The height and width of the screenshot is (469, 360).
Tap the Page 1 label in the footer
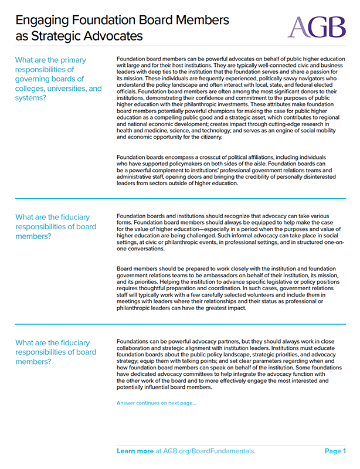click(x=335, y=451)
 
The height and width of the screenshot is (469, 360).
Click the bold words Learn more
click(x=135, y=451)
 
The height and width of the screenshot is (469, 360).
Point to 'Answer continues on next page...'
click(x=157, y=403)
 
